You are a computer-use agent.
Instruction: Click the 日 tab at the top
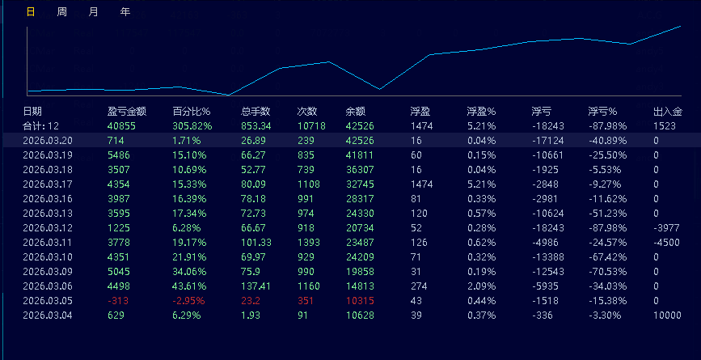click(x=31, y=12)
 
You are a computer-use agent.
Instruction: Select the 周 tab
click(x=62, y=12)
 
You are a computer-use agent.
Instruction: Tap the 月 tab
click(x=94, y=12)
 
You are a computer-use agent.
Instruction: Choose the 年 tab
click(x=125, y=12)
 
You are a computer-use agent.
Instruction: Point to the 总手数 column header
click(x=255, y=112)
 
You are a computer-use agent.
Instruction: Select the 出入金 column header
click(x=668, y=112)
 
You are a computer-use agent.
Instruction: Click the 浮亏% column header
click(x=602, y=112)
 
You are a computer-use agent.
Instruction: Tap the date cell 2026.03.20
click(x=48, y=141)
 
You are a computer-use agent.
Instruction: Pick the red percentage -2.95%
click(x=189, y=301)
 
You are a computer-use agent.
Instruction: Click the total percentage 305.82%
click(x=192, y=126)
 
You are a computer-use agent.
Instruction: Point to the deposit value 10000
click(x=667, y=316)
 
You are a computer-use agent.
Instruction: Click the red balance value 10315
click(x=360, y=301)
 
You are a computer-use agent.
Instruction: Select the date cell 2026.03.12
click(x=48, y=228)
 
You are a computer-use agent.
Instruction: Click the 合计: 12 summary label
click(x=41, y=126)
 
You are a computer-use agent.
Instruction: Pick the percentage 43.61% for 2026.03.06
click(x=189, y=286)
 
